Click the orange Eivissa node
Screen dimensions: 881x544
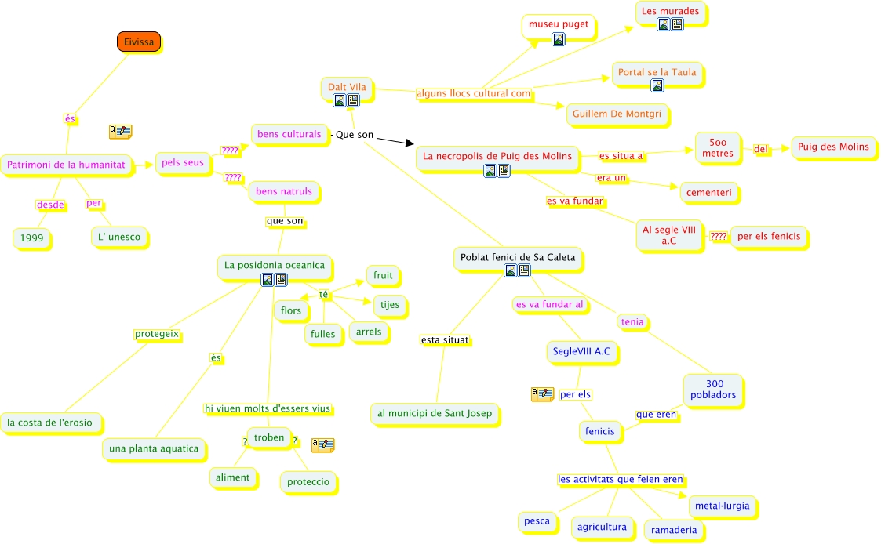[139, 42]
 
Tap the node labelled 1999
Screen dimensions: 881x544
[32, 238]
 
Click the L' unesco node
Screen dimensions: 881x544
[119, 238]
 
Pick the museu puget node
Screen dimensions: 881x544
[558, 24]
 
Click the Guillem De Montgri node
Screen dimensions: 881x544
[617, 114]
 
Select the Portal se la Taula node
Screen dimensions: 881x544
[657, 73]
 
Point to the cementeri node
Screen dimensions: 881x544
[708, 192]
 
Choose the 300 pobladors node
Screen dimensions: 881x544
[713, 389]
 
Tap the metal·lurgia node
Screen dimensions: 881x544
[722, 506]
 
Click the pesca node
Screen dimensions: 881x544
[537, 520]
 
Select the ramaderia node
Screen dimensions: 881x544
[673, 530]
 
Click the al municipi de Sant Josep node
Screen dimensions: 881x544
[434, 413]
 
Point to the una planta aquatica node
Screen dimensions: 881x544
[155, 448]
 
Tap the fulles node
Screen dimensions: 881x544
[322, 334]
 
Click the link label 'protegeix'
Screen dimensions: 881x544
[157, 335]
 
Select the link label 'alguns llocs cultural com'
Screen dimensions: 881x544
[474, 94]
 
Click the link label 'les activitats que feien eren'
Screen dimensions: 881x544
[620, 479]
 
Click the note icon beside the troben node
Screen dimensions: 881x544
[322, 445]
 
